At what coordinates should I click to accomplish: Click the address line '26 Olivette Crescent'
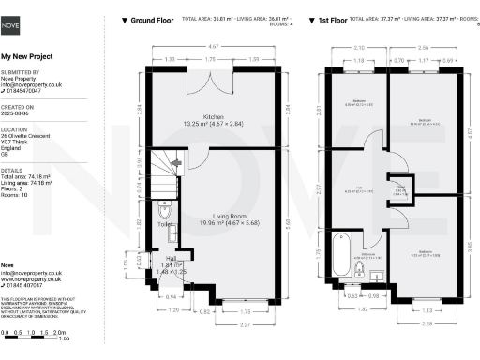coord(27,137)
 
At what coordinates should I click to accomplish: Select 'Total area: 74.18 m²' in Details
coord(27,175)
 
